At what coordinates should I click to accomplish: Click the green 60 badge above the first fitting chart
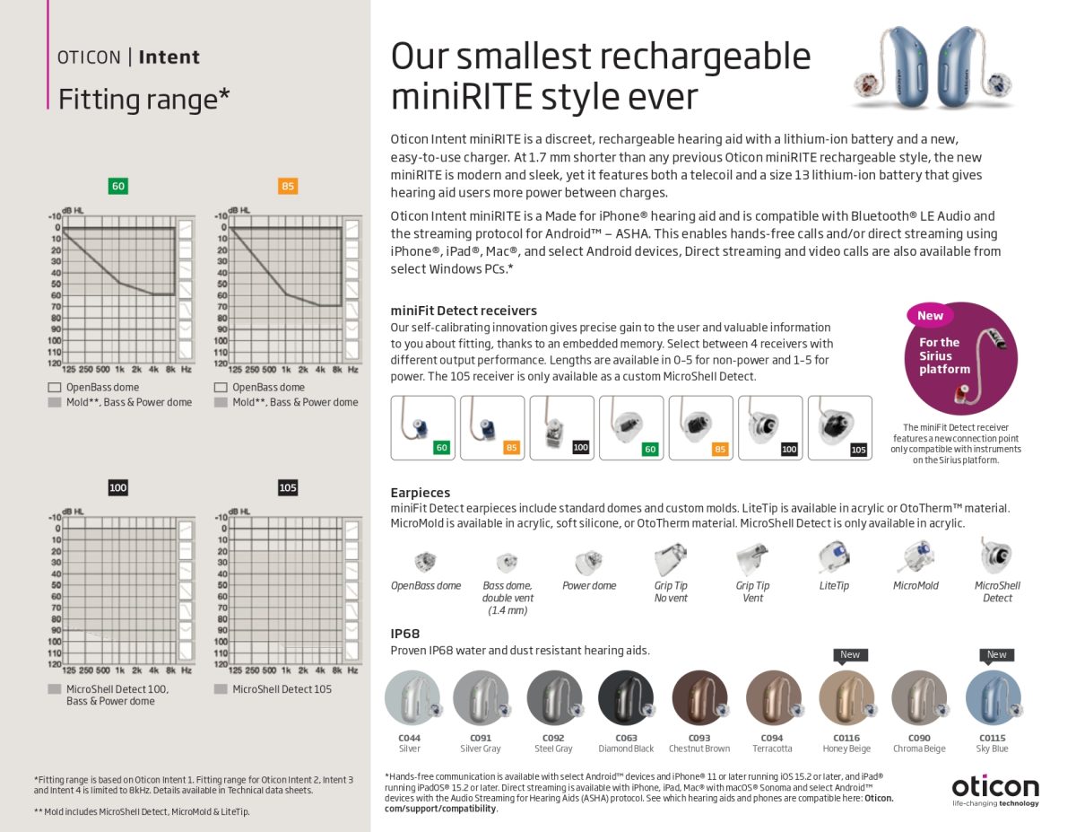click(x=117, y=187)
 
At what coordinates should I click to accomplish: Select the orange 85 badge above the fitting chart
click(x=287, y=187)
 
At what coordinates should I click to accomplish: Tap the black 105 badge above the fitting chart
click(x=287, y=487)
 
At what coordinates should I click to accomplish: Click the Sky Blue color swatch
click(x=993, y=698)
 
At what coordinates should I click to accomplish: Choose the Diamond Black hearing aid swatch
click(x=626, y=698)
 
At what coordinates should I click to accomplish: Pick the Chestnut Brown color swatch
click(x=699, y=698)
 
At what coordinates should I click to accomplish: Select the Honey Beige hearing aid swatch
click(x=846, y=698)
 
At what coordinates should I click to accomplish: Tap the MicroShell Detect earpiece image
click(x=996, y=556)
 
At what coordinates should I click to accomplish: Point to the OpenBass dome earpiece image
click(x=425, y=563)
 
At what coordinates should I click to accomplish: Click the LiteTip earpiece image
click(x=833, y=558)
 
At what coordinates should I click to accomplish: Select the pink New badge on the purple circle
click(x=930, y=315)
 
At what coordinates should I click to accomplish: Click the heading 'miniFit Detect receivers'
click(x=464, y=311)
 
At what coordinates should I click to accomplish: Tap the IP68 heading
click(x=405, y=633)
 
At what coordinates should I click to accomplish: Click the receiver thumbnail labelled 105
click(x=839, y=428)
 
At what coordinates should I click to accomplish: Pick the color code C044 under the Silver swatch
click(x=409, y=738)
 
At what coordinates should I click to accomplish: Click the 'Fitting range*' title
click(x=143, y=99)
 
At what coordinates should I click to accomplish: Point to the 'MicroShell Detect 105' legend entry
click(x=282, y=689)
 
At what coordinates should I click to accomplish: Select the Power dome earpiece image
click(x=588, y=563)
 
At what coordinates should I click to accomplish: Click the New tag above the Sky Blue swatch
click(x=996, y=654)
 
